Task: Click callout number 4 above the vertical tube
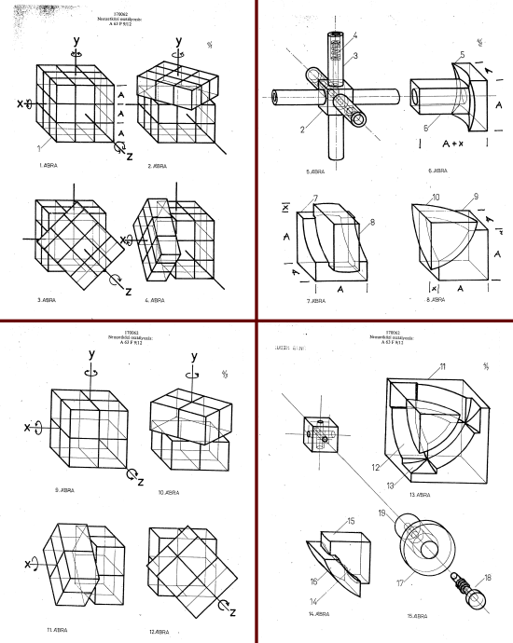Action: (354, 35)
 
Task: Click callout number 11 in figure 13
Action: (443, 366)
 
